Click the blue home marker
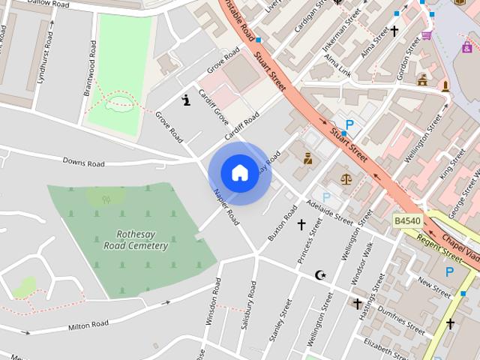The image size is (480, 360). [240, 173]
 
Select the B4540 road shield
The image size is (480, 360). [407, 220]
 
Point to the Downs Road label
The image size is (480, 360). [83, 162]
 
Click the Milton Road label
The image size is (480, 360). [88, 325]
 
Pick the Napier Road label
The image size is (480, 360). [226, 207]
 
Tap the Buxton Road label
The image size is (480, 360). [279, 227]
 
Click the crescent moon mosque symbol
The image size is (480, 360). [321, 275]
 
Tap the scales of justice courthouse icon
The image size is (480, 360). [346, 178]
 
